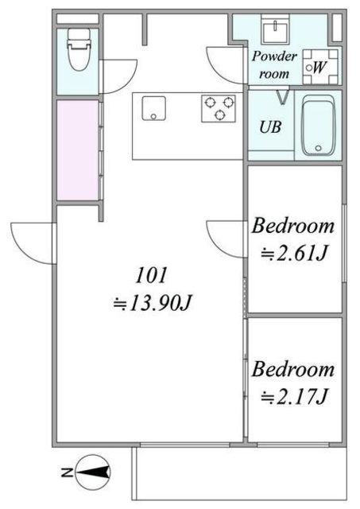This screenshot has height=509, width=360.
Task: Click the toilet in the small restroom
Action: pyautogui.click(x=78, y=49)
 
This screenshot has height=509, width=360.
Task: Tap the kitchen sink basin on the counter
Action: pyautogui.click(x=153, y=108)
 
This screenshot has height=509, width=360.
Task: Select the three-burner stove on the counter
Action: pyautogui.click(x=219, y=108)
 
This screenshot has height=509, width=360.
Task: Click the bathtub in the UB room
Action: pyautogui.click(x=318, y=126)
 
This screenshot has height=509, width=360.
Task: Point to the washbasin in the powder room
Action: pyautogui.click(x=275, y=29)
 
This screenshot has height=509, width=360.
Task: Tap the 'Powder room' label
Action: pyautogui.click(x=274, y=65)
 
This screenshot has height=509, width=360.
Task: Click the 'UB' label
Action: pyautogui.click(x=270, y=127)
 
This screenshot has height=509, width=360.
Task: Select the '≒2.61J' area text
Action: pyautogui.click(x=293, y=253)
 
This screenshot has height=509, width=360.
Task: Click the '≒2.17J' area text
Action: pyautogui.click(x=293, y=397)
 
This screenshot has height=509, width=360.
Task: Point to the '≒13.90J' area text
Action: pyautogui.click(x=151, y=304)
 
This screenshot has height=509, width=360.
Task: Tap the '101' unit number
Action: pyautogui.click(x=152, y=275)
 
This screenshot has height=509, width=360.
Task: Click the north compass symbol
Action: pyautogui.click(x=93, y=471)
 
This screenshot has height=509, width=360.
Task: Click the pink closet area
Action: pyautogui.click(x=78, y=150)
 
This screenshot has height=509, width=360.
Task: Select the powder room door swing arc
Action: pyautogui.click(x=217, y=70)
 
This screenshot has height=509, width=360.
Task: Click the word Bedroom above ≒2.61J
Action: pyautogui.click(x=293, y=226)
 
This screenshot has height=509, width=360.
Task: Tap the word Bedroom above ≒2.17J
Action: pyautogui.click(x=293, y=369)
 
